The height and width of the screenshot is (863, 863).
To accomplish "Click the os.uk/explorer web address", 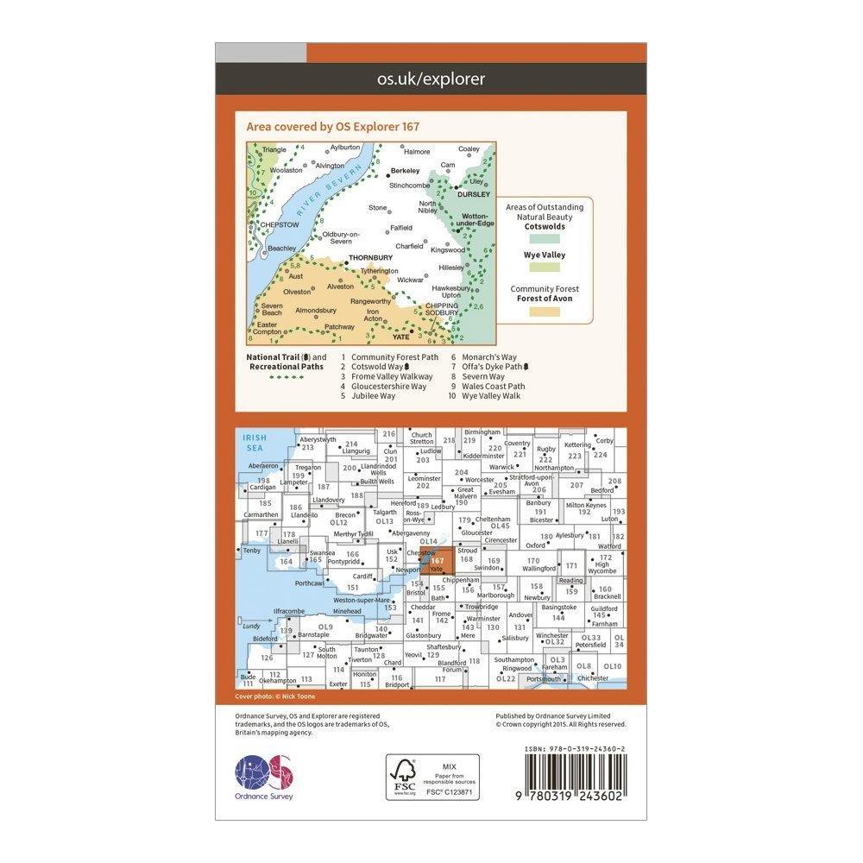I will (431, 79).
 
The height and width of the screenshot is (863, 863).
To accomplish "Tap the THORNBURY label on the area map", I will (369, 257).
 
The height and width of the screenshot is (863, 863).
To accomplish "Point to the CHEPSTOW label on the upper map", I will (279, 224).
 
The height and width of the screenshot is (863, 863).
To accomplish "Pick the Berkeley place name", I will (404, 171).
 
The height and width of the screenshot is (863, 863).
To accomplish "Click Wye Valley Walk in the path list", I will (493, 396).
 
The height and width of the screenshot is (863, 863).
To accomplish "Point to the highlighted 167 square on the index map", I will (438, 562).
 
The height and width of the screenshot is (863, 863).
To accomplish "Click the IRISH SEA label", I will (255, 443).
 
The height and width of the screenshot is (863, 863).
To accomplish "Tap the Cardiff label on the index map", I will (362, 576).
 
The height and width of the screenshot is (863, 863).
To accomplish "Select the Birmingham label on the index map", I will (482, 431).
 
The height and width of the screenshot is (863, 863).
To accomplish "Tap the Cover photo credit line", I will (275, 696).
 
